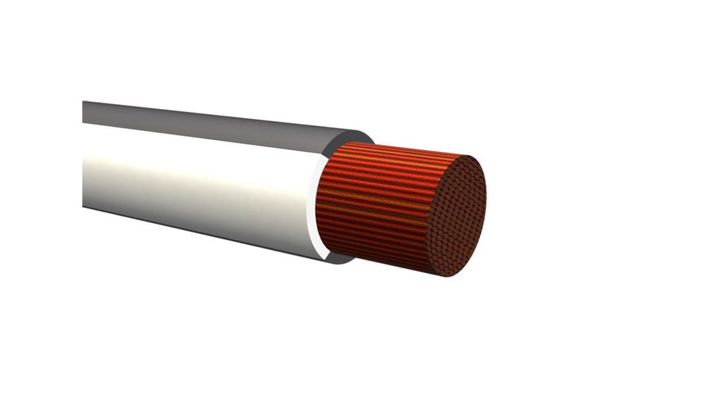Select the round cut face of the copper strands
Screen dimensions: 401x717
point(457,215)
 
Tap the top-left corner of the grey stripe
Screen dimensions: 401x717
point(84,103)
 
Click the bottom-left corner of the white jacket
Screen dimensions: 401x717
point(84,205)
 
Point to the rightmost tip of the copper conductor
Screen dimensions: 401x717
point(486,204)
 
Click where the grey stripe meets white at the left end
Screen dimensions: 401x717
point(84,124)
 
